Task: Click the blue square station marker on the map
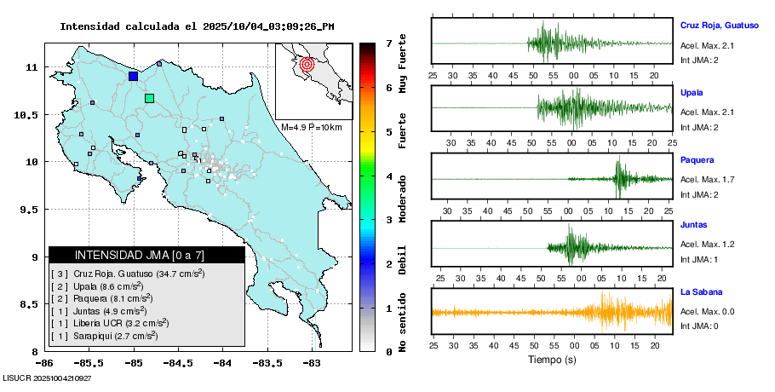click(133, 77)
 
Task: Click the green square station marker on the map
click(150, 99)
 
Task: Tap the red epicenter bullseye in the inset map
click(308, 63)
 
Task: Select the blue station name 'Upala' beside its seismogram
click(692, 92)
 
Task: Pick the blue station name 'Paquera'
click(697, 159)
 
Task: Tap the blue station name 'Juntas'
click(694, 226)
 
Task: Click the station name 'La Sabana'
click(702, 292)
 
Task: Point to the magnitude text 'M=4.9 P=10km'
click(311, 127)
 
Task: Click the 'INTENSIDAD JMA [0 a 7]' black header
click(146, 255)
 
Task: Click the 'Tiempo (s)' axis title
click(551, 360)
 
